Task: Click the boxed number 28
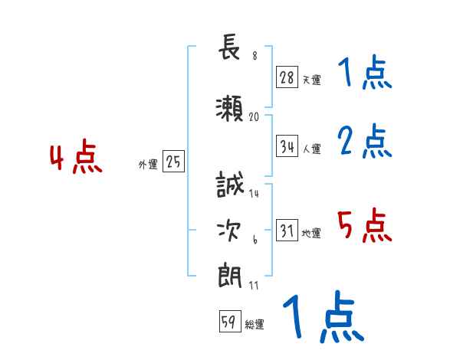287,77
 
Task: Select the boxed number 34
287,147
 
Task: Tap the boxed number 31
287,231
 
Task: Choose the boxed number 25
174,162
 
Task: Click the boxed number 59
228,322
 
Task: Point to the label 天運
311,80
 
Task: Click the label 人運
311,149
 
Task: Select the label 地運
311,234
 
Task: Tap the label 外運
148,164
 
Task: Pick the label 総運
254,325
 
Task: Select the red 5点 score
364,226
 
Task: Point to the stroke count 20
255,117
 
